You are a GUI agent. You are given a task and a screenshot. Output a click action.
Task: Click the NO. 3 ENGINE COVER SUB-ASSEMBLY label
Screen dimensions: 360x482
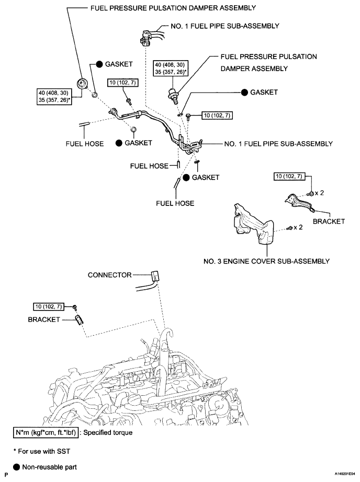click(266, 261)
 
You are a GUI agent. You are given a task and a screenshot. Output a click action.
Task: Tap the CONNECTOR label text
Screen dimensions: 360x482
click(109, 275)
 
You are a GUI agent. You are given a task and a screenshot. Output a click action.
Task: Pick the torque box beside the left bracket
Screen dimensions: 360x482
click(48, 306)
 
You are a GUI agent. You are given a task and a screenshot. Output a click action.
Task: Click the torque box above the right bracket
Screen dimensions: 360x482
click(289, 177)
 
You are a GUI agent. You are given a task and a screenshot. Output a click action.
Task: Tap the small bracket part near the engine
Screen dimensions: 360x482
click(80, 320)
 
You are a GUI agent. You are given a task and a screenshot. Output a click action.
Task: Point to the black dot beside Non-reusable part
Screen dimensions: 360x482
click(17, 467)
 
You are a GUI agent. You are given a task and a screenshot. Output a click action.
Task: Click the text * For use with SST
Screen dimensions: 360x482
click(42, 451)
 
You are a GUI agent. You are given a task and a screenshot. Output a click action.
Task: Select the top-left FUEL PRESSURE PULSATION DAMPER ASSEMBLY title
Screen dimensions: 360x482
click(173, 8)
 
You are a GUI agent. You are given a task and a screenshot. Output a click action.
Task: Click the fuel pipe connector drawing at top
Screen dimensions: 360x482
click(145, 38)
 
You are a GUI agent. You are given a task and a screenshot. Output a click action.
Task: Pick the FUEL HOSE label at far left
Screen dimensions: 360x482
click(85, 144)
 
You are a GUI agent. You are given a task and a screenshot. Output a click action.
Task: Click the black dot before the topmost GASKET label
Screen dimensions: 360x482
click(99, 64)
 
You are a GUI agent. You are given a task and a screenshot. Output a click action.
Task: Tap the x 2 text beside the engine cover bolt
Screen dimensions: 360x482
click(298, 227)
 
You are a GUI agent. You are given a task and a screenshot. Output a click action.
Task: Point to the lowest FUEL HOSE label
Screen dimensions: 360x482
click(175, 203)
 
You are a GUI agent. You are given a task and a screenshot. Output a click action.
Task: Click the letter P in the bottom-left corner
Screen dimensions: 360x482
click(6, 475)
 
